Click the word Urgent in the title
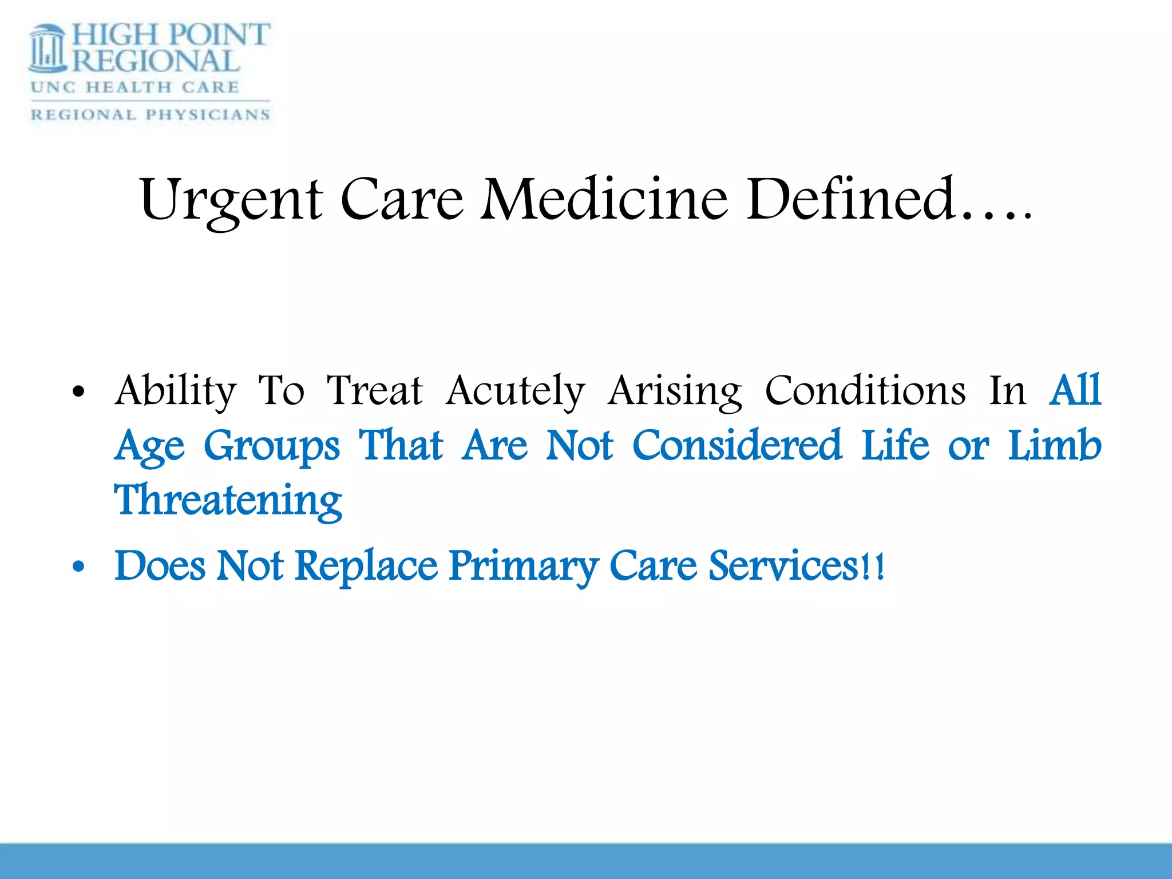point(231,200)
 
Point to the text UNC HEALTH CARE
point(135,88)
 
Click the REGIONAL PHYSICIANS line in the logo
point(150,114)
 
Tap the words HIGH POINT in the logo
point(171,34)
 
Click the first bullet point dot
point(79,393)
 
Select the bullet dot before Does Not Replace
point(79,567)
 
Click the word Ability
point(176,391)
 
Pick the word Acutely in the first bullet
point(515,391)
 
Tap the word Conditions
point(865,391)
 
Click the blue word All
point(1075,391)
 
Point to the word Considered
point(737,445)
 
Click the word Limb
point(1054,445)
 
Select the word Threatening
point(228,500)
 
